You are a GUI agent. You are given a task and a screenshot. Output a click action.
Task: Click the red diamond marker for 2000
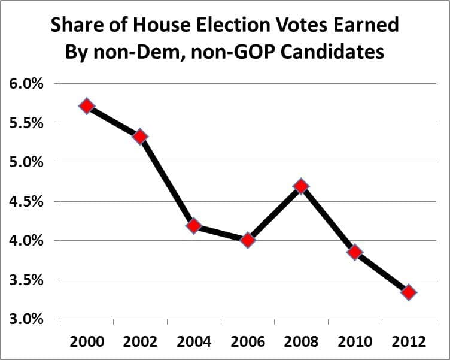tap(87, 106)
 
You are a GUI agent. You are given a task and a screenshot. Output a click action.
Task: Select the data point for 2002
tap(140, 137)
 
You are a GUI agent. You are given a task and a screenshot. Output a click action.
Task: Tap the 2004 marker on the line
tap(193, 226)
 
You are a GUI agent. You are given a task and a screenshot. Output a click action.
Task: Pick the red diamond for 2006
tap(248, 240)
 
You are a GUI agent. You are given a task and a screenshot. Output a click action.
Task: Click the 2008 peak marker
tap(301, 186)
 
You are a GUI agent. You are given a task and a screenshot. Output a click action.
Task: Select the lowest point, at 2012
tap(409, 292)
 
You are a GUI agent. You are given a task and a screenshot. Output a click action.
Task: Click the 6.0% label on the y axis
tap(26, 84)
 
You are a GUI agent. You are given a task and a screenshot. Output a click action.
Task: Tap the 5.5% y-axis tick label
tap(26, 123)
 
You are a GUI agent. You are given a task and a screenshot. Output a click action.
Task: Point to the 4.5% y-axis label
tap(26, 202)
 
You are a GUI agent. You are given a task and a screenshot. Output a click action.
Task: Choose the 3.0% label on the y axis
tap(26, 319)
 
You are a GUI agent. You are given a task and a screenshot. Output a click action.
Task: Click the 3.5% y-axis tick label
tap(26, 280)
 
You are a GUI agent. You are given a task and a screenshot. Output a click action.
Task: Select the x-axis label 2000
tap(87, 342)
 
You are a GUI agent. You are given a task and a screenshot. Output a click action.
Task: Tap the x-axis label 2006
tap(248, 342)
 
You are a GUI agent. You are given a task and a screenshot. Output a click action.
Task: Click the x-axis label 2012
tap(409, 342)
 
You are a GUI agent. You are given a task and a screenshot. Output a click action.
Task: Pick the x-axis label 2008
tap(301, 342)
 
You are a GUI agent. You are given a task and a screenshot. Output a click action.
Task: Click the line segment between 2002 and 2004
tap(167, 181)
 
